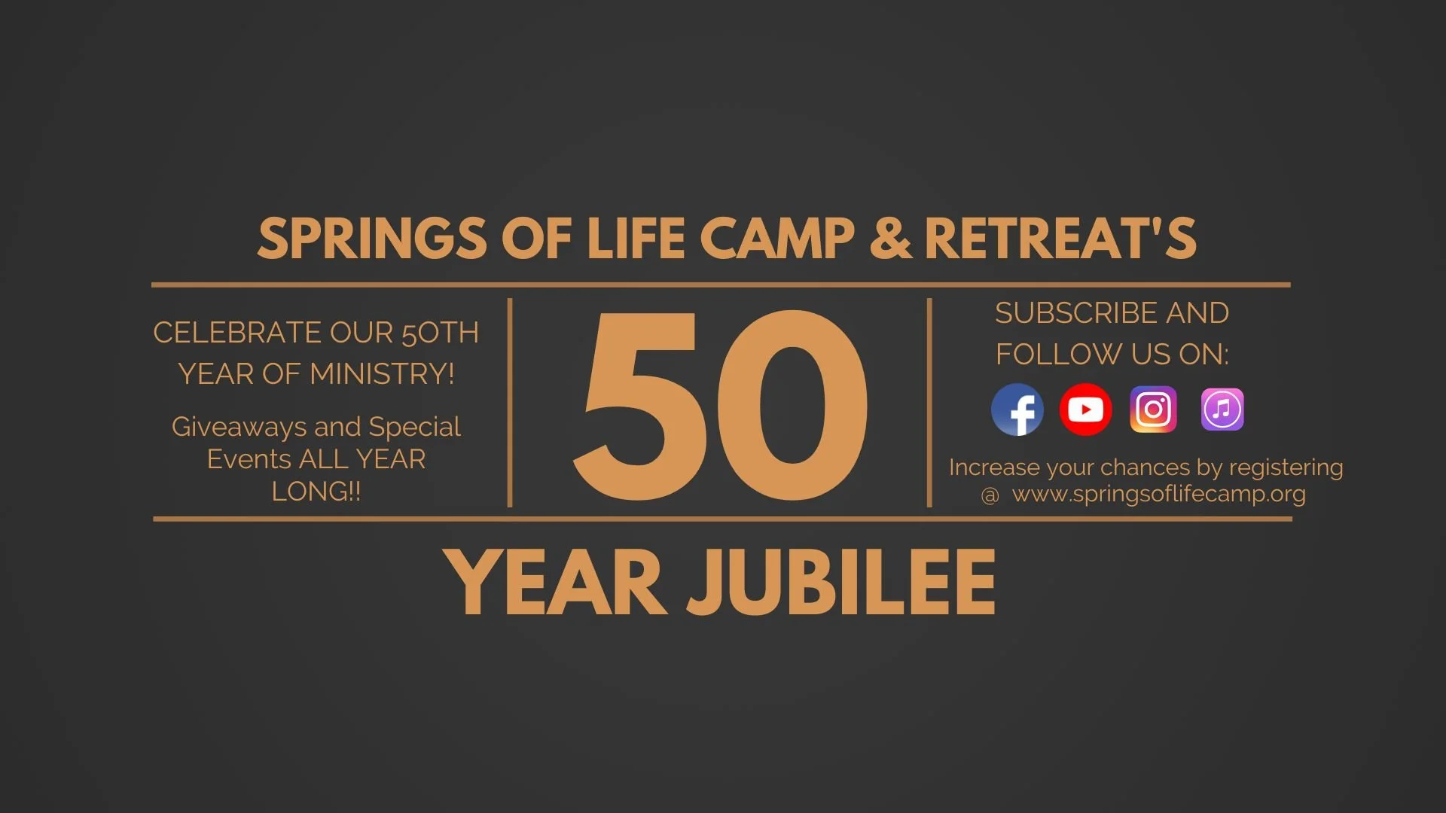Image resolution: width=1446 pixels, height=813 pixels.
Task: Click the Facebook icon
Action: [x=1017, y=410]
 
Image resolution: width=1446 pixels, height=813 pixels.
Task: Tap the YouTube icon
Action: [x=1085, y=410]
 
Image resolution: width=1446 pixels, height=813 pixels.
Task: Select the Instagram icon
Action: [x=1153, y=410]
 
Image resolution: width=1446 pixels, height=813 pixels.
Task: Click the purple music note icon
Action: [x=1222, y=410]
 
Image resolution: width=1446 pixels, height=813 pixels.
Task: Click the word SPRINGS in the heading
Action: [x=372, y=239]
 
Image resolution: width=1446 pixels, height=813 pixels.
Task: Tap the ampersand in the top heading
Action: [x=889, y=239]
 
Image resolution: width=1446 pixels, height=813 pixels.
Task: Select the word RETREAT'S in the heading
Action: [x=1060, y=239]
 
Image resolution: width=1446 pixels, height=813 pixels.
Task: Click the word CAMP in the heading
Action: [x=777, y=239]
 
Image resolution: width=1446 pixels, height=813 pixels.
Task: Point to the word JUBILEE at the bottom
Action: [x=841, y=582]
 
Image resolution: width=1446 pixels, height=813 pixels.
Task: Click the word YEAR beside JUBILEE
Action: [x=555, y=582]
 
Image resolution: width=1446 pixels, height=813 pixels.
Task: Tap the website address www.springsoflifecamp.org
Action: [x=1158, y=495]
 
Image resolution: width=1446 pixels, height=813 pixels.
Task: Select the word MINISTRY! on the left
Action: [x=382, y=374]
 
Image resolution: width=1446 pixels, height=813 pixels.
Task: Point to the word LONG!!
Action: [x=316, y=492]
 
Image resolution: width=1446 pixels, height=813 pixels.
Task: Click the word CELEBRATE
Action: [x=235, y=333]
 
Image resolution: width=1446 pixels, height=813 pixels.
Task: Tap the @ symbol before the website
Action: [x=990, y=495]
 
